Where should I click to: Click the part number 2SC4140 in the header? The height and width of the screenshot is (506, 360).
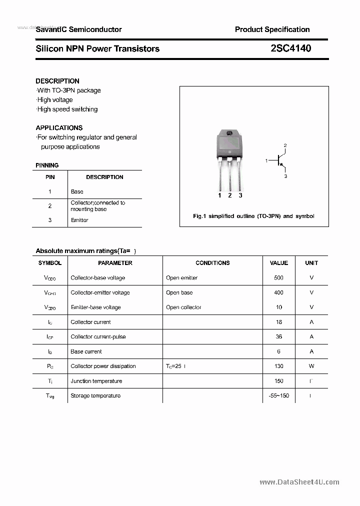pyautogui.click(x=290, y=48)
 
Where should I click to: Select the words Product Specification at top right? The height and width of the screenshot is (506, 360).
pyautogui.click(x=272, y=29)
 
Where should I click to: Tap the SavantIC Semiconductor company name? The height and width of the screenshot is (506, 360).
pyautogui.click(x=78, y=29)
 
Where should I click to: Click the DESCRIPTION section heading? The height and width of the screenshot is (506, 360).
pyautogui.click(x=57, y=81)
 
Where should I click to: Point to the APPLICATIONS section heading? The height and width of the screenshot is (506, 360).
pyautogui.click(x=59, y=128)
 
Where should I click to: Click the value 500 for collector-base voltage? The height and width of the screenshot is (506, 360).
pyautogui.click(x=278, y=277)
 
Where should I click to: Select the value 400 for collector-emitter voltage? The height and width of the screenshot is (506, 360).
pyautogui.click(x=278, y=292)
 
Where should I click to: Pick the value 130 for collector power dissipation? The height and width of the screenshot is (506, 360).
pyautogui.click(x=278, y=366)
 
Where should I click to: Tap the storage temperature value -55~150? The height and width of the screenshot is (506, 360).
pyautogui.click(x=278, y=395)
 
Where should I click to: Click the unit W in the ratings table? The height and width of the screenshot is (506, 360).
pyautogui.click(x=311, y=366)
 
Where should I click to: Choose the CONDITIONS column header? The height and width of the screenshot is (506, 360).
pyautogui.click(x=212, y=263)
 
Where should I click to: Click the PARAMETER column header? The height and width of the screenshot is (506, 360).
pyautogui.click(x=115, y=263)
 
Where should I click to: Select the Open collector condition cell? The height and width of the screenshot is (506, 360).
pyautogui.click(x=183, y=307)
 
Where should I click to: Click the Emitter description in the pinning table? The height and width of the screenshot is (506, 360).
pyautogui.click(x=79, y=220)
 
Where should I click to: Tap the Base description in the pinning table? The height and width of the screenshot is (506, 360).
pyautogui.click(x=77, y=191)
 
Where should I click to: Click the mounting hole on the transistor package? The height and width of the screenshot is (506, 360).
pyautogui.click(x=229, y=133)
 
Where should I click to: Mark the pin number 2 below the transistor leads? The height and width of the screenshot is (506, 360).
pyautogui.click(x=230, y=195)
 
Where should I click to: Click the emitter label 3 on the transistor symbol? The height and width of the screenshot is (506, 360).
pyautogui.click(x=285, y=176)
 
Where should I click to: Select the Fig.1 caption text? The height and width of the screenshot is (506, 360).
pyautogui.click(x=253, y=216)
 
